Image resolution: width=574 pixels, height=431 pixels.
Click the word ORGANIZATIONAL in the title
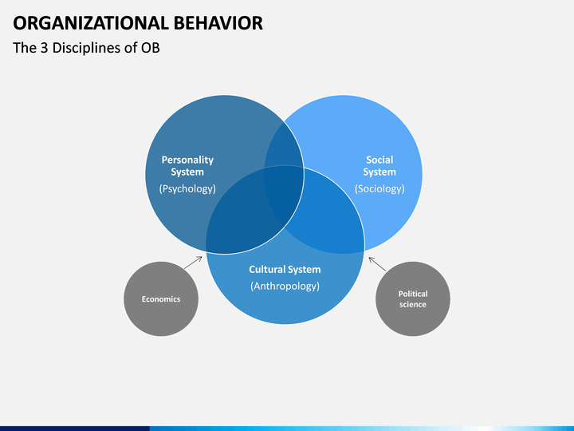[90, 23]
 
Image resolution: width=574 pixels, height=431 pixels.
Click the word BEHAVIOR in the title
[218, 23]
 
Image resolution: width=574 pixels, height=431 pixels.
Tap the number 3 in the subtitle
[45, 48]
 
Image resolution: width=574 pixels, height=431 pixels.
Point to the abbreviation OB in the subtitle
[151, 48]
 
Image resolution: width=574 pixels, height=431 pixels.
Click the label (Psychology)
[187, 188]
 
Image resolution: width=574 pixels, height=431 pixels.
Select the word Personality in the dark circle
[187, 160]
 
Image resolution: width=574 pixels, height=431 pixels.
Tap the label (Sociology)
[379, 188]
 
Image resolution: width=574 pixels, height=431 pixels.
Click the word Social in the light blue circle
[379, 160]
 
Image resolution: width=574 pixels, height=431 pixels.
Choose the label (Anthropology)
[285, 286]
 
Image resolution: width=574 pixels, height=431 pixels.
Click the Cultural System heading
[285, 270]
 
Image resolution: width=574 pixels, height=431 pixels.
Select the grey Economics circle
[161, 299]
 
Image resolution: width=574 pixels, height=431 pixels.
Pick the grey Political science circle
[413, 299]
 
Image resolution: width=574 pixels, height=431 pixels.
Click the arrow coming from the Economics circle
[193, 263]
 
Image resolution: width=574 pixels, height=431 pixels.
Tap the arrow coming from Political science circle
[377, 264]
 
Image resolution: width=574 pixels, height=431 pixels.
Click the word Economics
[161, 299]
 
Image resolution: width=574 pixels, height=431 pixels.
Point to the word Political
[413, 294]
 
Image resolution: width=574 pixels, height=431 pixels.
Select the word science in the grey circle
[413, 305]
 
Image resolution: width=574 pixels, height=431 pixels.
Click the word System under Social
[379, 172]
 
